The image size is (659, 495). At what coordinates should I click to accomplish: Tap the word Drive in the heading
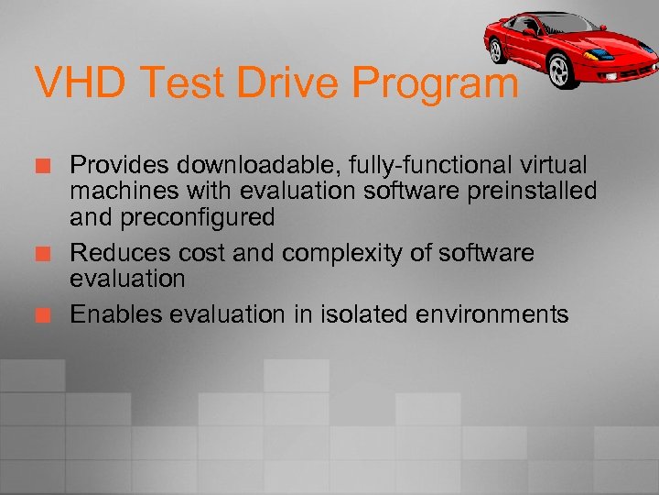click(x=298, y=83)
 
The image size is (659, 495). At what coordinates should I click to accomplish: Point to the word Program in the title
click(x=437, y=85)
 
